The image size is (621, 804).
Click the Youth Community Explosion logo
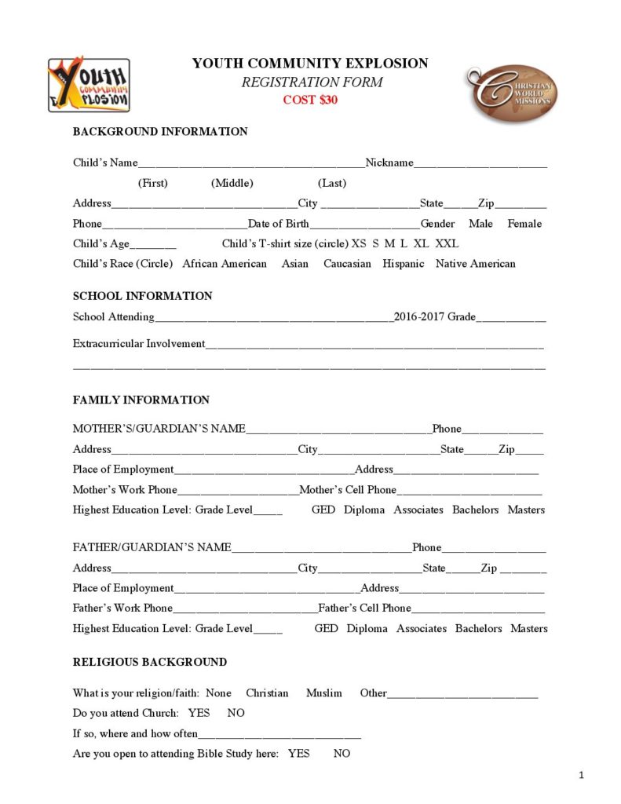[89, 85]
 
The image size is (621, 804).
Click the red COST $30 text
[310, 100]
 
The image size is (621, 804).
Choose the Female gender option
[524, 224]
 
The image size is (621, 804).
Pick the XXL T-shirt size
[447, 243]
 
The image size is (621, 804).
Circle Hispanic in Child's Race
[404, 264]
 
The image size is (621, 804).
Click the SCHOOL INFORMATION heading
[142, 296]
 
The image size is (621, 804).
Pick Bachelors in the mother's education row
[475, 510]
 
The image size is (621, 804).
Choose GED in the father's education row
[326, 629]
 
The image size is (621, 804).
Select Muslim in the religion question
[324, 693]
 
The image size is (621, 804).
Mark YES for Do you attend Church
[199, 713]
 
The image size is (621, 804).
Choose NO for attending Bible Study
[342, 754]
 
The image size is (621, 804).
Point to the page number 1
[581, 777]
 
